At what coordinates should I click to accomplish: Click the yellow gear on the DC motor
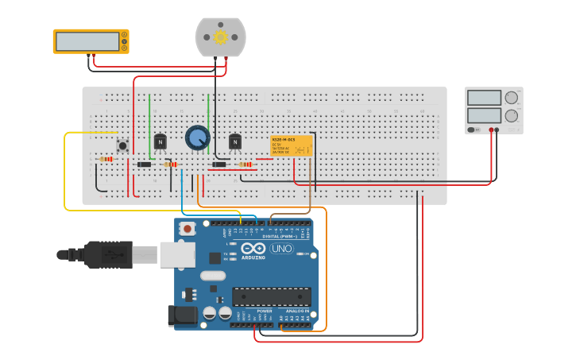(x=220, y=37)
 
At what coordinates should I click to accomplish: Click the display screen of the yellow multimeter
(x=87, y=41)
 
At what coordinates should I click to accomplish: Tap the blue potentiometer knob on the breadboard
(x=197, y=137)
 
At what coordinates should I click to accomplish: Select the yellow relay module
(x=292, y=145)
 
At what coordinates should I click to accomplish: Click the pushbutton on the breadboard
(x=122, y=145)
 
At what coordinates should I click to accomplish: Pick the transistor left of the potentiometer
(x=160, y=141)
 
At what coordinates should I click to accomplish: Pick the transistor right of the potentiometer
(x=234, y=141)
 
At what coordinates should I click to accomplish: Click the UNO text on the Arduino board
(x=281, y=249)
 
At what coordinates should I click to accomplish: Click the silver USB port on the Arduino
(x=177, y=254)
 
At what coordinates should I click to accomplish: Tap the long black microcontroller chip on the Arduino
(x=271, y=297)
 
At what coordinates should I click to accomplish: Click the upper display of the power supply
(x=483, y=98)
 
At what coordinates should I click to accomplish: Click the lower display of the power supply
(x=483, y=115)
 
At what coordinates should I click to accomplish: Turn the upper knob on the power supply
(x=511, y=98)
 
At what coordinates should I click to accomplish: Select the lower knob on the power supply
(x=511, y=115)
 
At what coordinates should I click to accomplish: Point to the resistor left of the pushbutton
(x=106, y=159)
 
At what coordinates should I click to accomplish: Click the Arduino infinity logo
(x=253, y=249)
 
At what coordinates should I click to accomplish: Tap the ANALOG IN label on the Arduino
(x=296, y=311)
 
